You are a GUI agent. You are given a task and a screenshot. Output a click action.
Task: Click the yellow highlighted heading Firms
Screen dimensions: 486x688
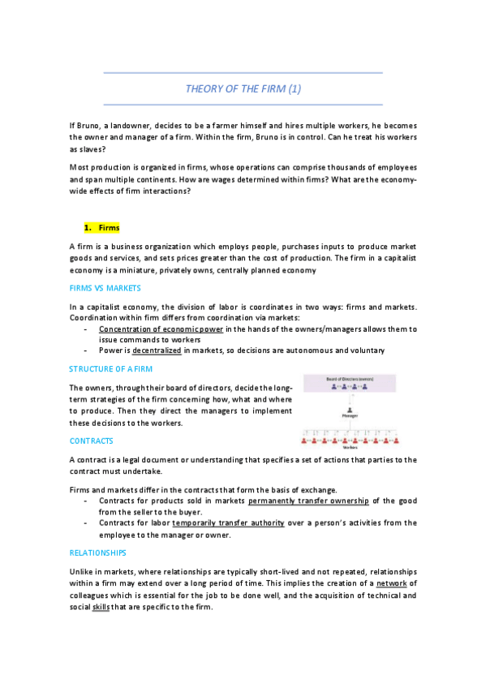109,228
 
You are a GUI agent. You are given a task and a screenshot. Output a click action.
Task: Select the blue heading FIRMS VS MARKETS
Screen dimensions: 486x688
105,288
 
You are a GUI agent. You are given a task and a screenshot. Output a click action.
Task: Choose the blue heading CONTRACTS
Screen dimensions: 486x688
92,441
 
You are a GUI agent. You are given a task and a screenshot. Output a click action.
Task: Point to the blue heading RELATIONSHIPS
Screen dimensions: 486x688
98,553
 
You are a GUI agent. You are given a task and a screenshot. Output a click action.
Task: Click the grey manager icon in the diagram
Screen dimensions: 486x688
350,409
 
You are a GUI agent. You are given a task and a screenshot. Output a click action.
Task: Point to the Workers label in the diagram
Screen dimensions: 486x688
350,447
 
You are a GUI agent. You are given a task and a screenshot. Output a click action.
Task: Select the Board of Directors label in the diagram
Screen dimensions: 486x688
350,379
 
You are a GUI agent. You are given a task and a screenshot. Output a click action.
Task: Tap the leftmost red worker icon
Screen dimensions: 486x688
305,440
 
